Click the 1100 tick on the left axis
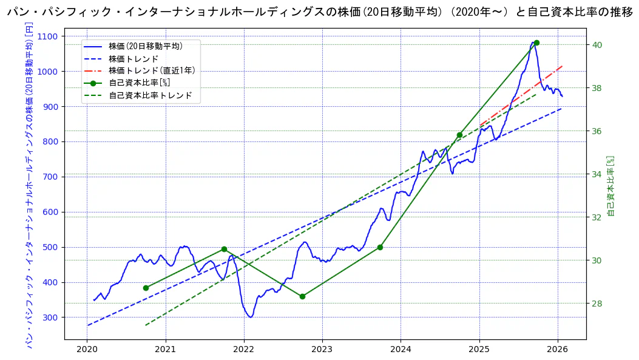49,36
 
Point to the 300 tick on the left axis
51,318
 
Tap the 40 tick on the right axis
597,45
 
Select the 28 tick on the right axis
597,304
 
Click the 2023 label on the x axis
322,349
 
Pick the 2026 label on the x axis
557,349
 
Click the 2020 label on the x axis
87,349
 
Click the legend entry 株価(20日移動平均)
146,46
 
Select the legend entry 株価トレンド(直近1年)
152,71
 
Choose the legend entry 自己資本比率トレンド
150,96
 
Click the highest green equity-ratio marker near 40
536,42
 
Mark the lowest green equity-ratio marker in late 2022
302,296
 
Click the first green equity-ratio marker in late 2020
146,288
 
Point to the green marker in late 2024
459,135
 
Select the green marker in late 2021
224,249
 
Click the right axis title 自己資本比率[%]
611,185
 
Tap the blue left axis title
29,185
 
